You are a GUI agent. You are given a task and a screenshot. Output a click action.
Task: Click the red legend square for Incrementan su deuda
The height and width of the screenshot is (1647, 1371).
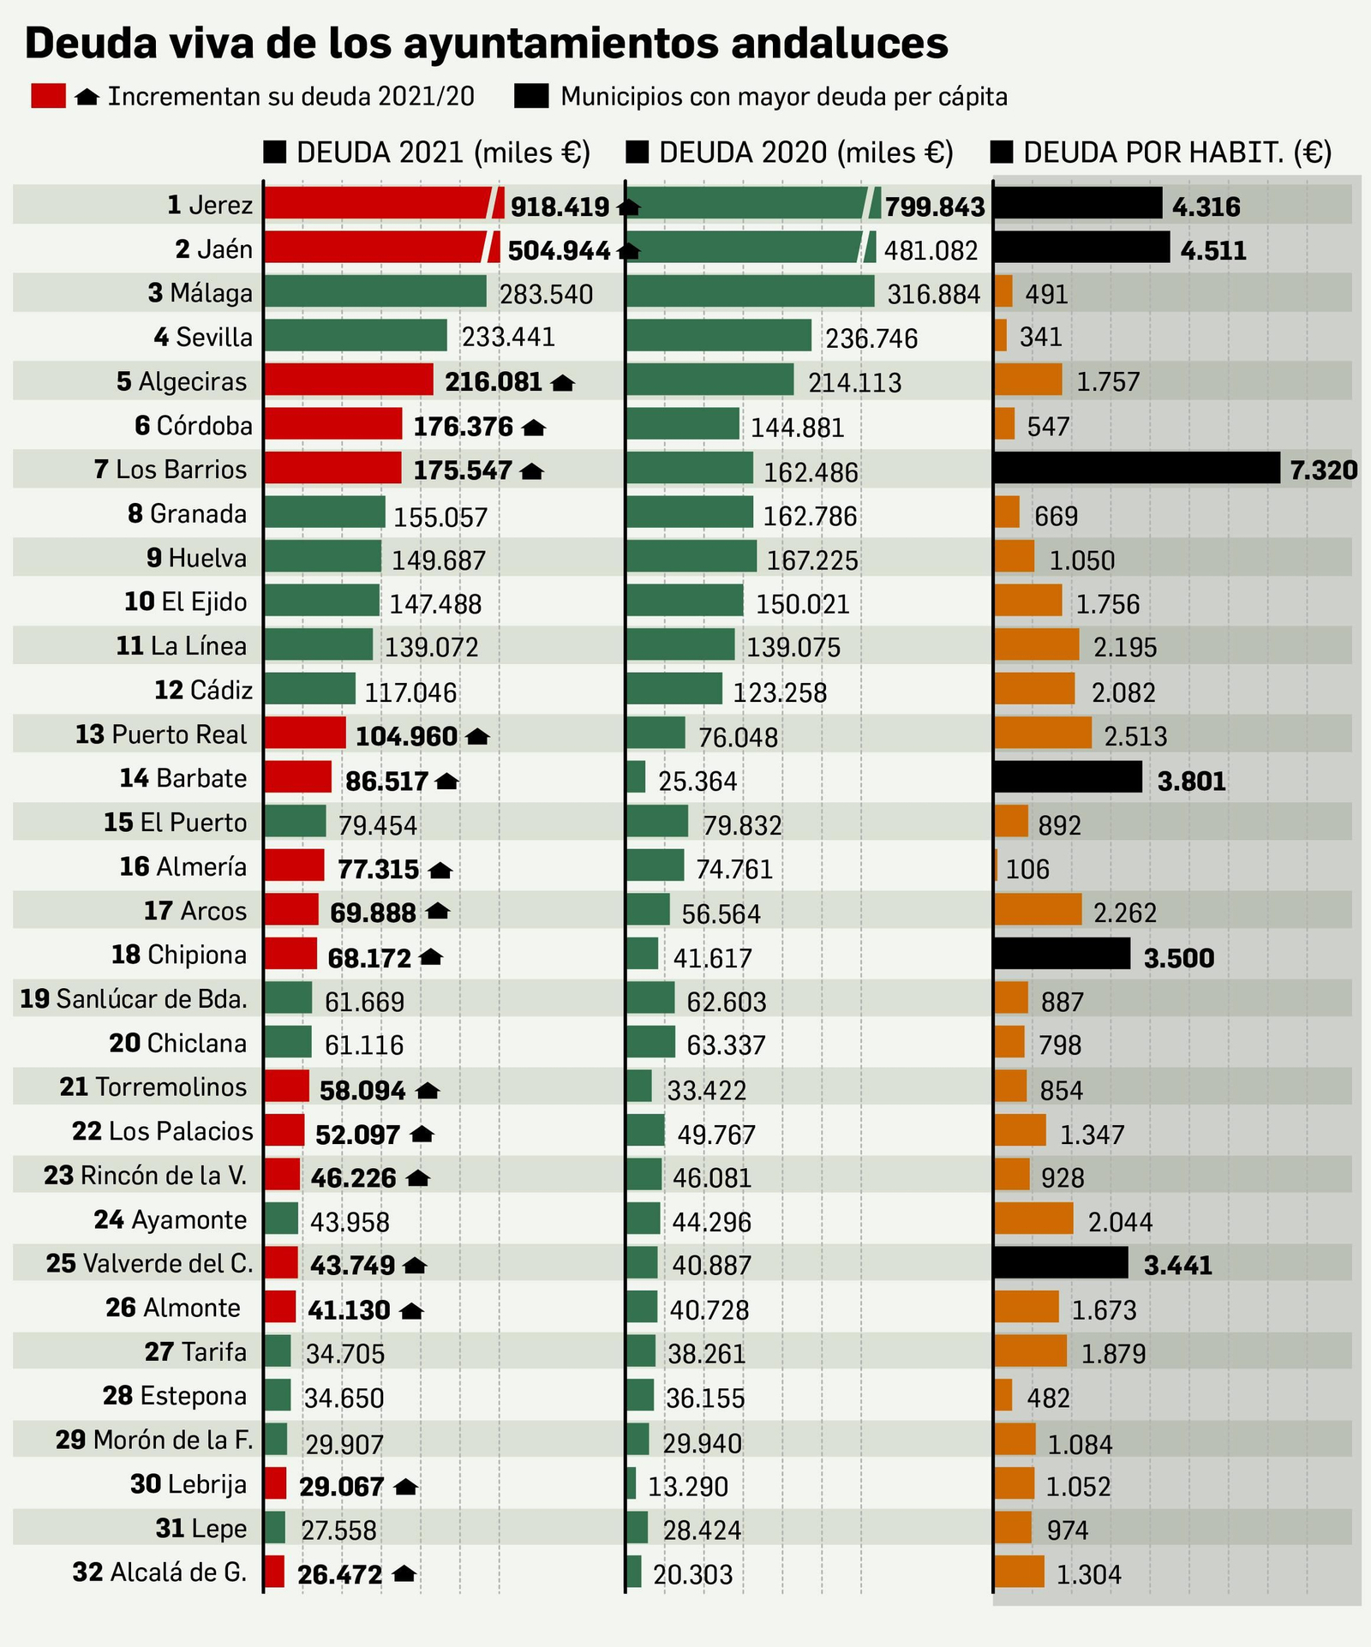(48, 96)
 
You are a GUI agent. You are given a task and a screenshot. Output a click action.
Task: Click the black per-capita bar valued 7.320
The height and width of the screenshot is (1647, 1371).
(1136, 469)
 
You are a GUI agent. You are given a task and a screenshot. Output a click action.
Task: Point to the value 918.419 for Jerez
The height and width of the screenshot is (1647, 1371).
(560, 207)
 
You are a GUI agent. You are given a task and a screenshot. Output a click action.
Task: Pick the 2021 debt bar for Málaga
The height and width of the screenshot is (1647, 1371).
(375, 291)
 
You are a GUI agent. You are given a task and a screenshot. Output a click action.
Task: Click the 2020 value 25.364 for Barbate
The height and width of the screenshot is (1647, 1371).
(697, 782)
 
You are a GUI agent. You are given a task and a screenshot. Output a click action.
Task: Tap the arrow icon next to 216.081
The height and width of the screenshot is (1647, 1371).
(562, 383)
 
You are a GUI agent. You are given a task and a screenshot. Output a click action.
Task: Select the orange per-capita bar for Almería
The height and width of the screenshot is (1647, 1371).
(997, 865)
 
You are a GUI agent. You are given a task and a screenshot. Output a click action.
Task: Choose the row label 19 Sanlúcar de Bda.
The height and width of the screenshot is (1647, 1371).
(134, 999)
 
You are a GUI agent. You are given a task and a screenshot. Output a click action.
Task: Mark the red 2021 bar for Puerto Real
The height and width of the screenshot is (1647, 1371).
(304, 733)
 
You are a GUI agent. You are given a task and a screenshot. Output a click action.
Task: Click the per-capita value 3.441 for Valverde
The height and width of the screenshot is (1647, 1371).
(1178, 1266)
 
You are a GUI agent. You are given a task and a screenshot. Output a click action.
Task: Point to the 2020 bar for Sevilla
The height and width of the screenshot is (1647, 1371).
(719, 335)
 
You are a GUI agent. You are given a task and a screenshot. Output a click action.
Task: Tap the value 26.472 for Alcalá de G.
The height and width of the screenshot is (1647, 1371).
(339, 1575)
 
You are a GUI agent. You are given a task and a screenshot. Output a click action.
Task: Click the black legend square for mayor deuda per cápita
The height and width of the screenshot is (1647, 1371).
(531, 96)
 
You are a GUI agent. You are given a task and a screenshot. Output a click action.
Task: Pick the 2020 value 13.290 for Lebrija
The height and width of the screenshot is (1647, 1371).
(688, 1487)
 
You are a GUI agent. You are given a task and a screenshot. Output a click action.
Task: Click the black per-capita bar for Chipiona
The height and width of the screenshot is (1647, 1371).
(1062, 954)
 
